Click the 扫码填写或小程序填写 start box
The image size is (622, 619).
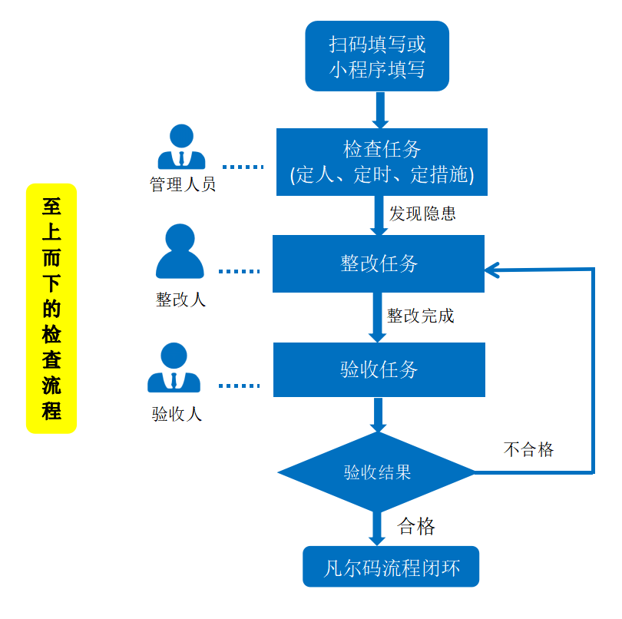coord(376,55)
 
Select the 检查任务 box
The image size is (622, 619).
coord(382,161)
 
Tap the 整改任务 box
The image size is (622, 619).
coord(379,263)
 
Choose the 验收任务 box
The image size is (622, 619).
coord(379,369)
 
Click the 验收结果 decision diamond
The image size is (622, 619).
coord(377,472)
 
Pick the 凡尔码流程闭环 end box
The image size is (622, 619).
coord(391,567)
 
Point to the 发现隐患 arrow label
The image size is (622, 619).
coord(422,214)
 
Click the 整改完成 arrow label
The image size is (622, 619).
coord(421,316)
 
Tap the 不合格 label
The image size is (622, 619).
coord(528,449)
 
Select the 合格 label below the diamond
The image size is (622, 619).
coord(416,526)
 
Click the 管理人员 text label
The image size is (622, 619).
coord(182,184)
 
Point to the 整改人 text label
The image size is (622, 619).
coord(180,299)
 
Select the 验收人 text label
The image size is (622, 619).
coord(177,414)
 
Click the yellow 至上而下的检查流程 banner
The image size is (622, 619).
coord(51,309)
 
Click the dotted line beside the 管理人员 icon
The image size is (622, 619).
coord(242,167)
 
